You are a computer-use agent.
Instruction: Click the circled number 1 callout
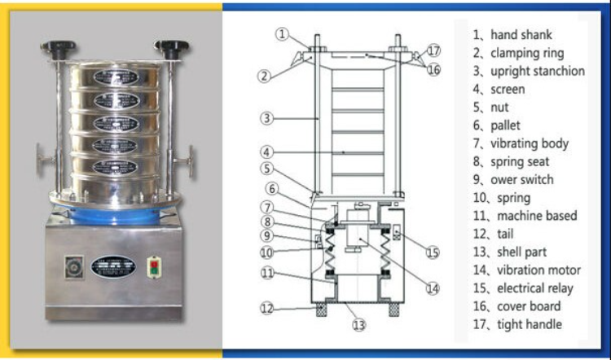point(282,34)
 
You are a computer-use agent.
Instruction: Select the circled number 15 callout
point(433,252)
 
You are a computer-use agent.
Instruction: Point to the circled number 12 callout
point(266,309)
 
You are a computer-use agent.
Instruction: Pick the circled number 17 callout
point(433,50)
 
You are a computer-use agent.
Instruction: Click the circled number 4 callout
point(266,151)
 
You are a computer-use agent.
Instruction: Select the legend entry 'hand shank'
point(518,35)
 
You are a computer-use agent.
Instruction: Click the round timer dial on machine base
point(72,266)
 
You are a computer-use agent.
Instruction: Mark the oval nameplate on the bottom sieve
point(113,167)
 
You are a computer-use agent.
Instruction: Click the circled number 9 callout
point(266,236)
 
